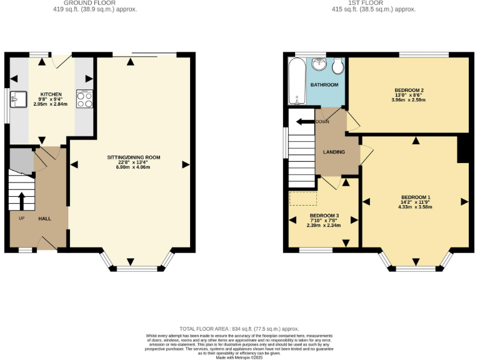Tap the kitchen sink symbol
tap(18, 99)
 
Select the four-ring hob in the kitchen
tap(84, 100)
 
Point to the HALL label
tap(45, 219)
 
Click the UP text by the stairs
tap(21, 219)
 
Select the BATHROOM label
tap(324, 85)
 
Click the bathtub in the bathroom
tap(296, 81)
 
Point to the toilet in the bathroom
tap(338, 65)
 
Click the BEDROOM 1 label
tap(415, 197)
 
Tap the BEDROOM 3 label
tap(324, 216)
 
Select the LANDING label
tap(334, 152)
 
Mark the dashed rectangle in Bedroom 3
tap(303, 199)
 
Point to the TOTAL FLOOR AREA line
tap(239, 329)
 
